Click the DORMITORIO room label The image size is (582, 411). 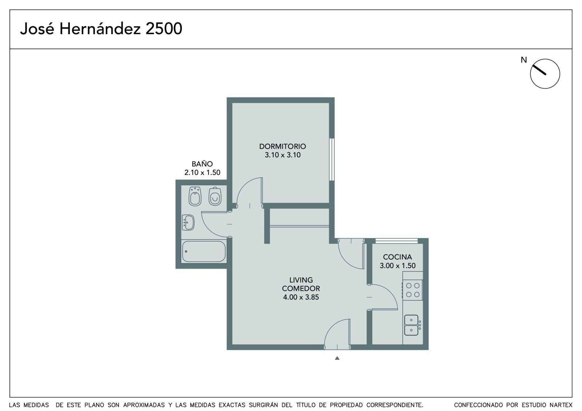tap(282, 146)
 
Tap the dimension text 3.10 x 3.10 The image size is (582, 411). tap(282, 155)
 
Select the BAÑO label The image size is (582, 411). tap(202, 164)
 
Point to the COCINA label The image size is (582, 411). tap(397, 257)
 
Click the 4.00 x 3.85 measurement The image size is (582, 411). tap(301, 297)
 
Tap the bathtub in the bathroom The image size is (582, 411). tap(204, 251)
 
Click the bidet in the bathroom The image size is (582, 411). tap(195, 196)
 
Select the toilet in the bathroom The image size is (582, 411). tap(215, 196)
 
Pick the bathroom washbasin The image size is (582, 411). tap(188, 222)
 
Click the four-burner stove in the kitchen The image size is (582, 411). tap(412, 290)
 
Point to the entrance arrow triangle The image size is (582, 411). tap(337, 358)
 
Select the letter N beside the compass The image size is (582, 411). tap(524, 60)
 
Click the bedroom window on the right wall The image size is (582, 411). tap(332, 160)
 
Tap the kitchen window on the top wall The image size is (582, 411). tap(396, 241)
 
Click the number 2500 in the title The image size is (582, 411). tap(164, 29)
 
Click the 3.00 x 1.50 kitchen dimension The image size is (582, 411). tap(398, 266)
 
